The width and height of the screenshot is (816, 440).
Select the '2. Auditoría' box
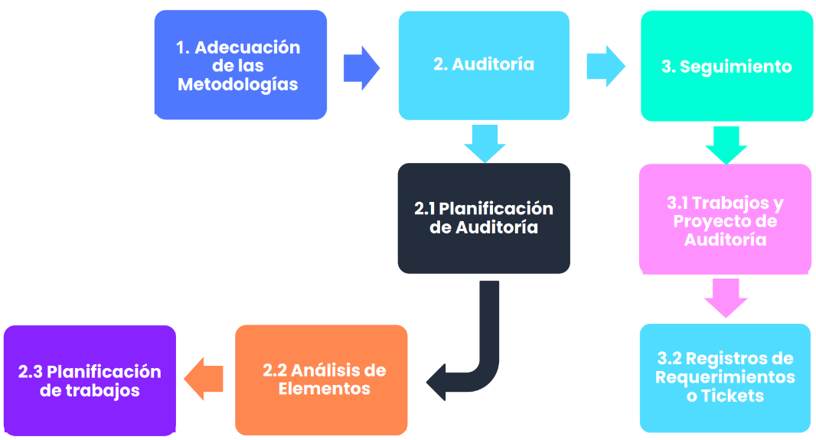pos(484,65)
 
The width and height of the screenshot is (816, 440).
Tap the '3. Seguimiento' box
pos(726,67)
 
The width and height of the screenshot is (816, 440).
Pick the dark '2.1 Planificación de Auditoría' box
pos(484,218)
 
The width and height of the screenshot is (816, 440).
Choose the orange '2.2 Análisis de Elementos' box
pos(321,380)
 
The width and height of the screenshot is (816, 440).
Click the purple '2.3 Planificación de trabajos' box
pos(90,380)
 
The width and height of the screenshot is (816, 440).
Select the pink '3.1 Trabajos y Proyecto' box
pos(725,220)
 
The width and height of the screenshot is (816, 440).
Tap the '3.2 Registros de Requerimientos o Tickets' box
pos(725,377)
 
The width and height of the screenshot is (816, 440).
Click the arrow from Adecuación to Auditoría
pos(361,68)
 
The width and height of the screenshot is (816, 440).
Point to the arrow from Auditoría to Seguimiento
pos(605,66)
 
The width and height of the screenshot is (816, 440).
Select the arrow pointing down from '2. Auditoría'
pos(485,142)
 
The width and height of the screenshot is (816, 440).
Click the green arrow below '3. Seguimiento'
pos(726,145)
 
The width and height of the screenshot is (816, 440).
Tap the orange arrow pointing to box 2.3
pos(204,378)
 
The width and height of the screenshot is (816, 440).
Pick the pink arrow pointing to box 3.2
pos(725,297)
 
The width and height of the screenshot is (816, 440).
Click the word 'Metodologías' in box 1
pos(238,84)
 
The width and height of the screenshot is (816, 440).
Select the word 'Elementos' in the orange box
pos(324,389)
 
